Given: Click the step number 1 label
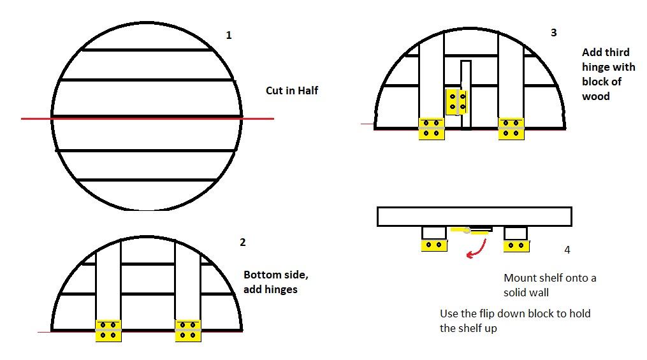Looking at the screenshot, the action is pos(229,36).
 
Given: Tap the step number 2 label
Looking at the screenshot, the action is pos(243,243).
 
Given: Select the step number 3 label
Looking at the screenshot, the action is pos(554,33).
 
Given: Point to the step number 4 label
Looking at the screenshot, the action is pos(567,250).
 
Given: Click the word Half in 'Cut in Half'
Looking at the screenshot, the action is pos(307,90).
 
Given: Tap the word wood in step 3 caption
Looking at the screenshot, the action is pos(596,96).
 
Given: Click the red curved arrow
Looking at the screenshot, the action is pos(479,250).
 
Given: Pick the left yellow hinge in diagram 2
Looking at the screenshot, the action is pos(108,331).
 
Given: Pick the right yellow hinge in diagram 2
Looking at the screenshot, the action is pos(188,331).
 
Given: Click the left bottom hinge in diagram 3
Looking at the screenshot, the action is pos(432,129).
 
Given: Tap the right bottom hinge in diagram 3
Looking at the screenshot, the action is pos(511,129).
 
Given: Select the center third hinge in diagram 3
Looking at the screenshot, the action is pos(456,102).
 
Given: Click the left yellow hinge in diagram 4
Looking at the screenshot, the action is pos(434,245).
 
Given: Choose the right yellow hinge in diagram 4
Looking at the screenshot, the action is pos(516,246).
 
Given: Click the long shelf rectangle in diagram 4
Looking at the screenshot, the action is pos(474,217).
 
